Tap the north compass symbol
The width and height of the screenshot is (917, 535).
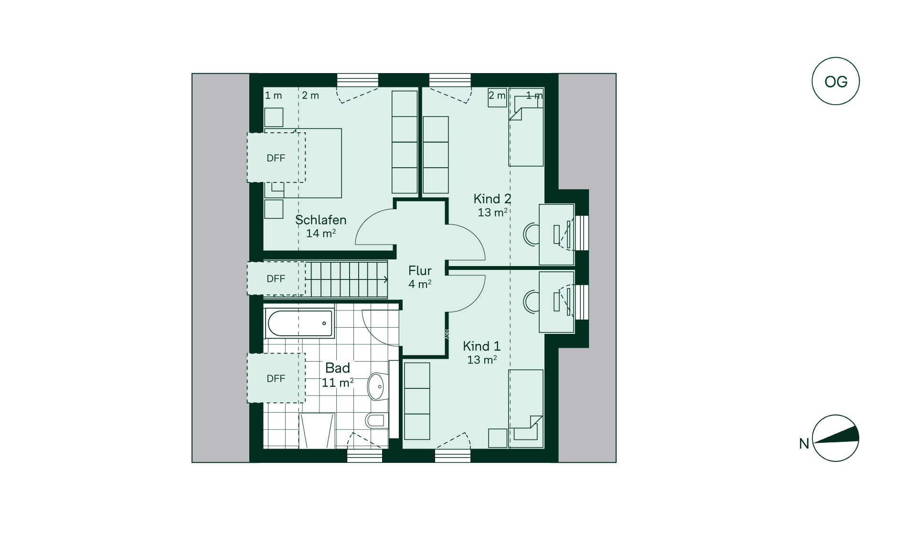836,439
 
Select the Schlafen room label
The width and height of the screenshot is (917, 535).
320,220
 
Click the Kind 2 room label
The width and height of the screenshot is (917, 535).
492,199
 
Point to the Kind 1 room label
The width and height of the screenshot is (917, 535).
481,346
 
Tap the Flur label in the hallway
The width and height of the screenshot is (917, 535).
420,271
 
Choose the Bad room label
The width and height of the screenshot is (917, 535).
338,368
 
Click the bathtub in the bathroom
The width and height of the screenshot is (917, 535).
299,324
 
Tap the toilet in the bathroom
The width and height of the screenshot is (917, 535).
377,421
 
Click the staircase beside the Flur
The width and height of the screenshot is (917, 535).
346,279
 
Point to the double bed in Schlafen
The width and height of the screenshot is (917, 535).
303,163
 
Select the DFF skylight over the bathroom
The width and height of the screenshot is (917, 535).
276,378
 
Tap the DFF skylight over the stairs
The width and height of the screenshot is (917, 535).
276,278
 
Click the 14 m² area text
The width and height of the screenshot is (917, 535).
321,234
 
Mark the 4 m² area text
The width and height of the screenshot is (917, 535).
420,284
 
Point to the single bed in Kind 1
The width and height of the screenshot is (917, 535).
526,408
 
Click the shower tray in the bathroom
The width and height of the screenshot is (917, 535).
317,431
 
